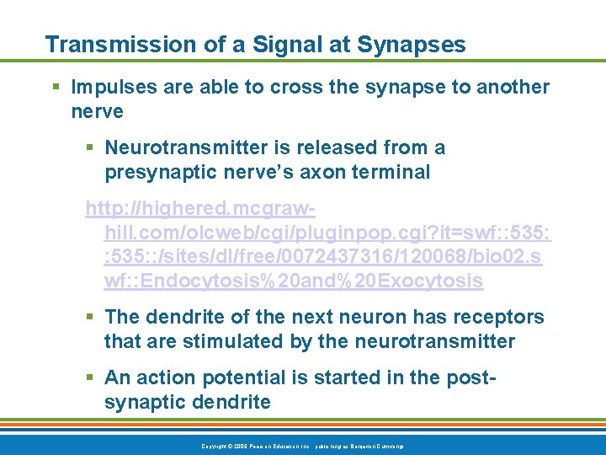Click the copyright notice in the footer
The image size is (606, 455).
point(302,444)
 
